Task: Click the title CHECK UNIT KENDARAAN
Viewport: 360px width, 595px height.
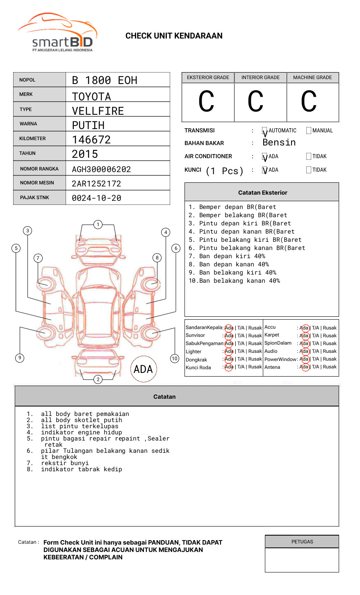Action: (174, 36)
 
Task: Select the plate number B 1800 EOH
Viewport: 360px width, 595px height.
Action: (105, 80)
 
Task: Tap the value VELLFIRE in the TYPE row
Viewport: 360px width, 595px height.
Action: (98, 111)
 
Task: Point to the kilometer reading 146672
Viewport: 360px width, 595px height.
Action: (91, 140)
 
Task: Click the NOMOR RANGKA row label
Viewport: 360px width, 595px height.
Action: (39, 169)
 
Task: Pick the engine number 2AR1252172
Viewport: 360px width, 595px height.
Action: (96, 184)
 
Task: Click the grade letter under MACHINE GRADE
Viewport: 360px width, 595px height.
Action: (309, 102)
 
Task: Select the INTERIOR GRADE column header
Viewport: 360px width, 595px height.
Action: (260, 77)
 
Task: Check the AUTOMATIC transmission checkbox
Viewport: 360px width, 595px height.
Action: (265, 131)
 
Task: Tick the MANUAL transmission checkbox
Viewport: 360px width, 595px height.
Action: (309, 131)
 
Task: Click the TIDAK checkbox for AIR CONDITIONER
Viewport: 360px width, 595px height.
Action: (309, 157)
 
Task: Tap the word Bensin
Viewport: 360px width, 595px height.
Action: (279, 143)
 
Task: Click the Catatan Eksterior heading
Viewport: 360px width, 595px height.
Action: (262, 193)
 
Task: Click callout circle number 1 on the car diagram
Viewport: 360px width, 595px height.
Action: (98, 224)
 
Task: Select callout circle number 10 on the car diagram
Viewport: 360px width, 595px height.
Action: (175, 359)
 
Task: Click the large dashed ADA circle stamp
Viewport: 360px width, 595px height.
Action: (143, 369)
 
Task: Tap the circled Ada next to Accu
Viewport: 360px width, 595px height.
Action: (304, 328)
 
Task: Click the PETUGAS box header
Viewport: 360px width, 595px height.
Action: (302, 542)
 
